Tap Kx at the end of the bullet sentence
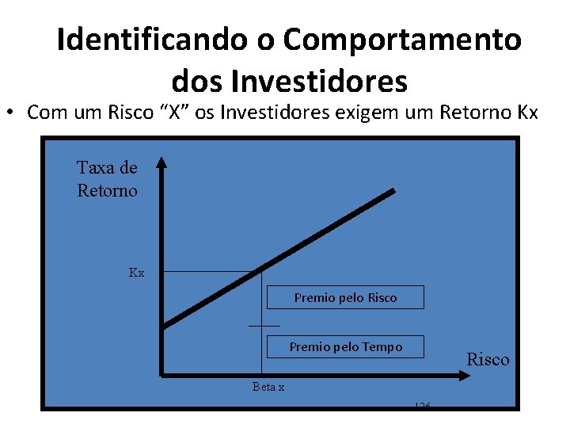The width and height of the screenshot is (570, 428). tap(526, 113)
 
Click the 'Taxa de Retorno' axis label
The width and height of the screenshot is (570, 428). tap(107, 179)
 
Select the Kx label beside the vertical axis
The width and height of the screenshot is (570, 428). tap(137, 273)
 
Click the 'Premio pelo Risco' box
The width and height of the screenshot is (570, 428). tap(345, 298)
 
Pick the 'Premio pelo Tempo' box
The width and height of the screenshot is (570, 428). tap(345, 346)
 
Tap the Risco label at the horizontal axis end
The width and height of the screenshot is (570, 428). tap(488, 359)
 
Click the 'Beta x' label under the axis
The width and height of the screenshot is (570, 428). tap(268, 387)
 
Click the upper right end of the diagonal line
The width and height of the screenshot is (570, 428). tap(393, 192)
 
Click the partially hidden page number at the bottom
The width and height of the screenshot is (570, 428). tap(422, 406)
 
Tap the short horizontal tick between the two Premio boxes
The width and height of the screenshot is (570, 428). tap(264, 325)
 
